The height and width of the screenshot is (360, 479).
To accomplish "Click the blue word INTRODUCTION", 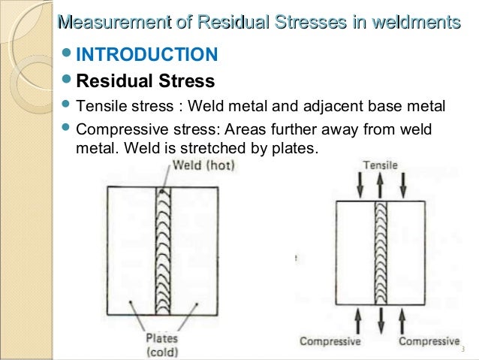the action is coord(147,55).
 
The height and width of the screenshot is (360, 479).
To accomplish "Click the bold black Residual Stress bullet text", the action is coord(146,80).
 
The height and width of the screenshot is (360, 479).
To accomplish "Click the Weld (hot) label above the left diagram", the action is coord(203,165).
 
